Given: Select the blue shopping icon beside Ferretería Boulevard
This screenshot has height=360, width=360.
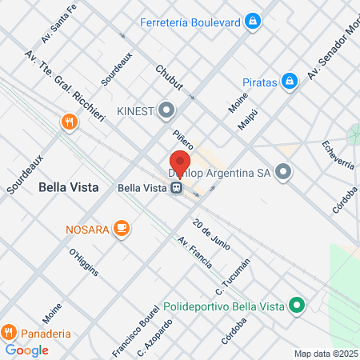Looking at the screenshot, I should (x=254, y=21).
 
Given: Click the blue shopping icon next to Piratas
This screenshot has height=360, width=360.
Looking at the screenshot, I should (x=290, y=82).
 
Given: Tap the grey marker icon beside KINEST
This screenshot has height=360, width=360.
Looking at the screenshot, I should (x=166, y=109).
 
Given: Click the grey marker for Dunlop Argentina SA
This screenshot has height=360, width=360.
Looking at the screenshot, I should (x=282, y=172).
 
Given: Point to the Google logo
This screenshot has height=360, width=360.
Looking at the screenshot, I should (x=26, y=350).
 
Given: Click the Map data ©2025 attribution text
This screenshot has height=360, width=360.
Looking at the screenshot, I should (x=325, y=354).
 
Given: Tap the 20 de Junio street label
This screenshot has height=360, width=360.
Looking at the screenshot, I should (x=211, y=233).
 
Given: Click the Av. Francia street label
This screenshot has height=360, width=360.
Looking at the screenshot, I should (x=195, y=252).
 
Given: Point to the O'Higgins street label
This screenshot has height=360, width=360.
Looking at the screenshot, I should (x=83, y=262).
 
